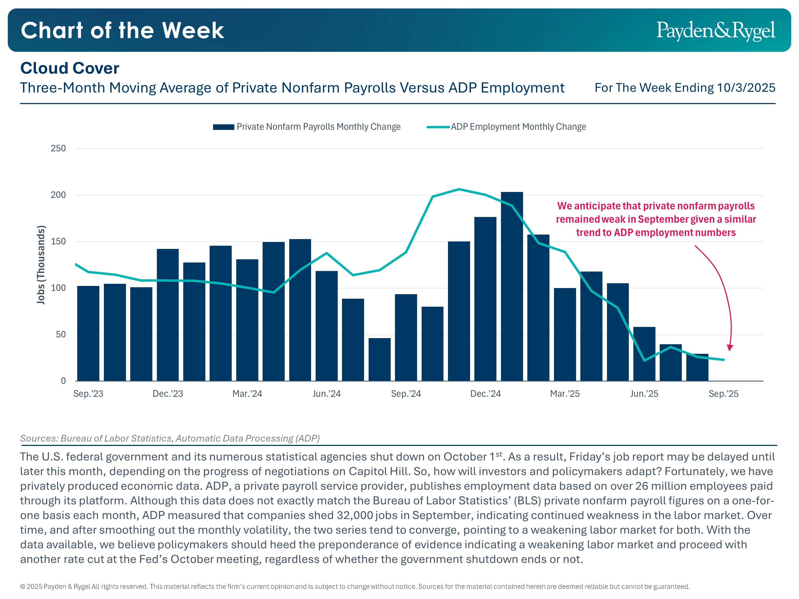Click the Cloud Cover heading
(70, 68)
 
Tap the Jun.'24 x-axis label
(327, 393)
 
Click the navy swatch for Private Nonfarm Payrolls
(224, 127)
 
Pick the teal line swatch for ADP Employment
(438, 127)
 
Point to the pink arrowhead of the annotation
(730, 348)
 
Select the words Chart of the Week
(123, 30)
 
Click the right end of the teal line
(724, 360)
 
